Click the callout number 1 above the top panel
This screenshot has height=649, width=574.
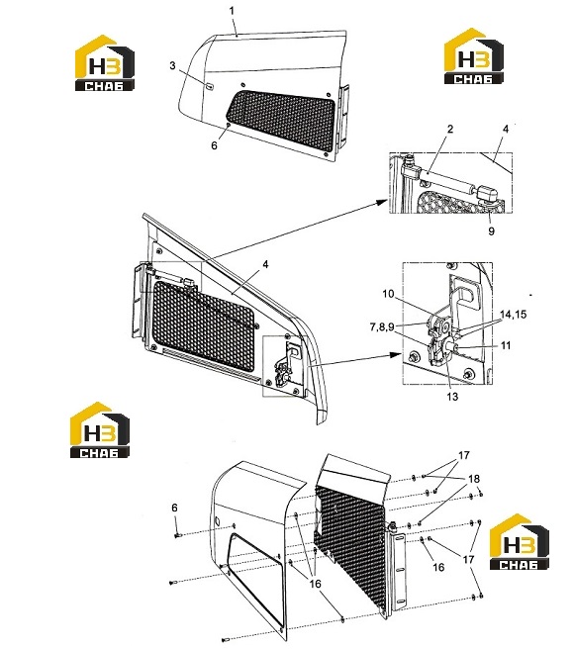(232, 11)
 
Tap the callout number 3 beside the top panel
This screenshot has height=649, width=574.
(173, 66)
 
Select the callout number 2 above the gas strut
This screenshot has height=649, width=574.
(450, 129)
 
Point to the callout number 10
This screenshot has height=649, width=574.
(389, 294)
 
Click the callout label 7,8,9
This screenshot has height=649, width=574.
(382, 327)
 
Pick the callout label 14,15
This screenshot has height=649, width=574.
(513, 315)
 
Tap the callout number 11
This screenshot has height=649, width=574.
(506, 345)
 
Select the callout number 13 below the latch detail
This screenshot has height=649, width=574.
(452, 397)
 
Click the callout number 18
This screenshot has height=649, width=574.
(474, 479)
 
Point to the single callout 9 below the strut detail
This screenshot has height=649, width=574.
(491, 231)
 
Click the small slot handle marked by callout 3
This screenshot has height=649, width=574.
(210, 86)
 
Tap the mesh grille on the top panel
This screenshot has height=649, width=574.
(282, 120)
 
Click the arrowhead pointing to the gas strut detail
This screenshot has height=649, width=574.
(383, 202)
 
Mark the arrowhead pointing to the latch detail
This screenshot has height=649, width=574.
(396, 355)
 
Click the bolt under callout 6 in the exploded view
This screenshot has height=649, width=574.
(178, 535)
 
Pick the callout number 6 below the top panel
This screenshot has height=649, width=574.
(214, 145)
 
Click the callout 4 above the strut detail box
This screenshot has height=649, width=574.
(506, 130)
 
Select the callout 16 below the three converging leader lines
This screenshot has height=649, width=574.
(315, 584)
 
